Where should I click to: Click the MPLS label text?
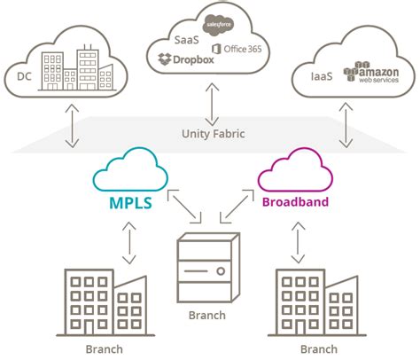129,202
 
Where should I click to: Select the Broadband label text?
294,201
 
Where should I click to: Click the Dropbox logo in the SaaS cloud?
186,60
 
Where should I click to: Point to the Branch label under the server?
209,315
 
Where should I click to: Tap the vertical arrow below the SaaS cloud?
211,105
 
